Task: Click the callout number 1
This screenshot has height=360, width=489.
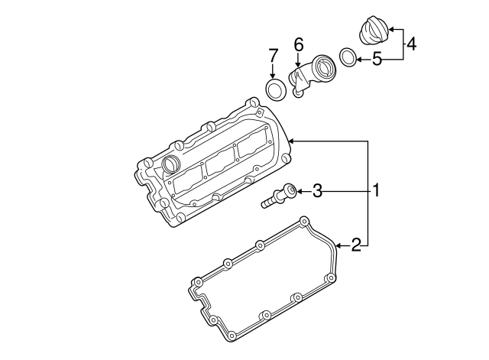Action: (x=376, y=190)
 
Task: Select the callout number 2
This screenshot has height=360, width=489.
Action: (x=355, y=245)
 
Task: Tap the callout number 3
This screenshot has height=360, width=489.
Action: (x=318, y=190)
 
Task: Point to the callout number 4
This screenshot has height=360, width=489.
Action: (x=411, y=44)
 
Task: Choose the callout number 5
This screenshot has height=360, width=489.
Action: (x=377, y=58)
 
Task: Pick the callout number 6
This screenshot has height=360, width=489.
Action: (x=299, y=45)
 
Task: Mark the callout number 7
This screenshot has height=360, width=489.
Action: (x=273, y=55)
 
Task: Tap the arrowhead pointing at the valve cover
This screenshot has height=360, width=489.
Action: (x=291, y=140)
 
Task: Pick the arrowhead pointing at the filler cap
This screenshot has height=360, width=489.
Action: (x=393, y=30)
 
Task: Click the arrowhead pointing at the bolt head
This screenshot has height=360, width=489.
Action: (x=300, y=190)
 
